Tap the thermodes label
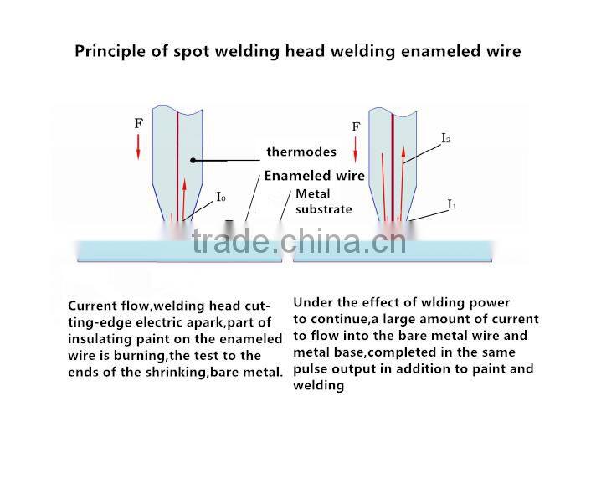tap(301, 152)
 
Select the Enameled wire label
tap(315, 176)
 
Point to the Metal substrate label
tap(324, 202)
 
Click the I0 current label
tap(221, 198)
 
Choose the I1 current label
tap(451, 204)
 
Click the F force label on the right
tap(356, 126)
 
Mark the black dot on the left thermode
tap(193, 159)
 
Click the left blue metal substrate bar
tap(180, 250)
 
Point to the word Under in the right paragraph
tap(313, 302)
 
